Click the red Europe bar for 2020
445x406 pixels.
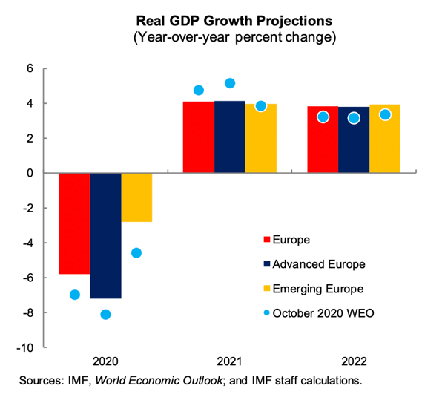click(x=74, y=223)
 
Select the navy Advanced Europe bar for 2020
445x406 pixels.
click(x=105, y=236)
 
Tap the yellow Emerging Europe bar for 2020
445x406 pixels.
click(x=136, y=197)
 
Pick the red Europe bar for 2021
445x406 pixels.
click(x=198, y=137)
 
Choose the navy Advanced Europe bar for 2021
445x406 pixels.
click(x=229, y=137)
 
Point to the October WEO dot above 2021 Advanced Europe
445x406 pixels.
click(x=230, y=83)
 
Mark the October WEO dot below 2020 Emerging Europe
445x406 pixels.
click(x=136, y=253)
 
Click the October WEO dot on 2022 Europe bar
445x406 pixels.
click(x=323, y=117)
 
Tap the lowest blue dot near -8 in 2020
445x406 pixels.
click(x=105, y=315)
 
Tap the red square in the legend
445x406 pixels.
click(x=257, y=240)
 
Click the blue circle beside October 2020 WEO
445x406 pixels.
click(x=257, y=312)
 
